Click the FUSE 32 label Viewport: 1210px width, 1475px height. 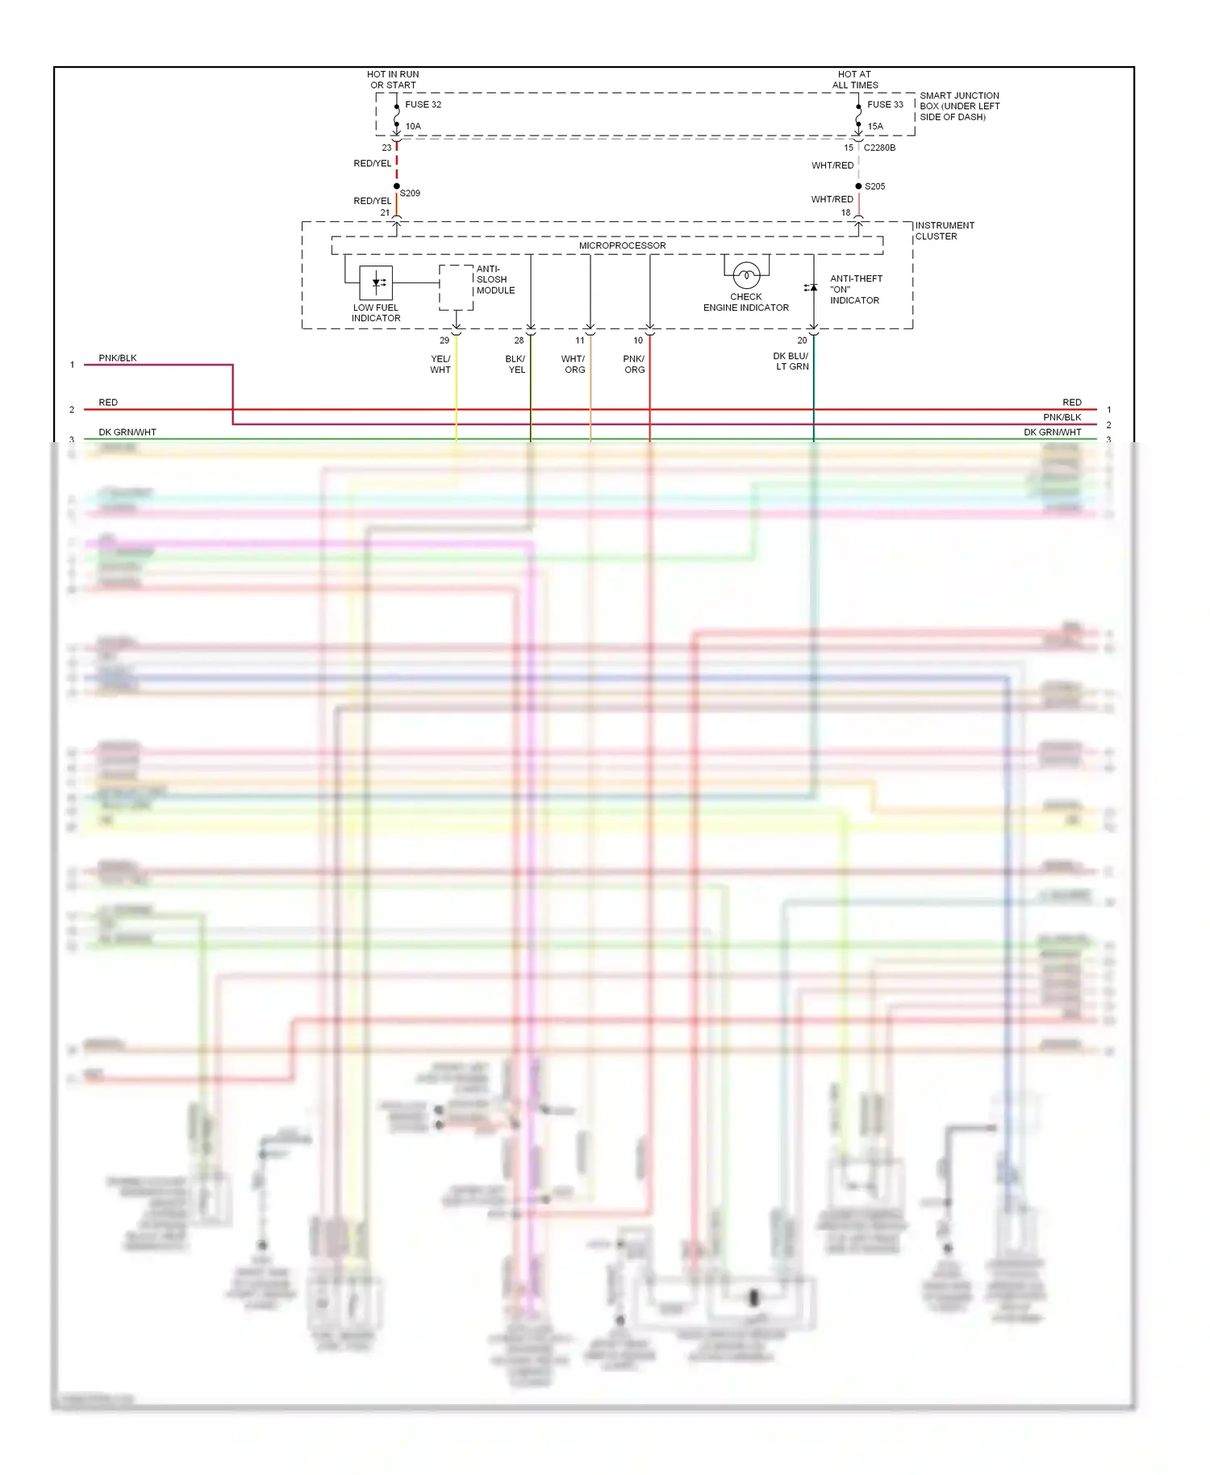pos(423,105)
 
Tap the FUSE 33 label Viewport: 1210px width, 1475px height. pos(885,105)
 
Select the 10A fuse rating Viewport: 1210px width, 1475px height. pos(413,127)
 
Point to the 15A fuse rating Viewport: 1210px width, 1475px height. pos(875,127)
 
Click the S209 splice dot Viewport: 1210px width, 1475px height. pos(397,186)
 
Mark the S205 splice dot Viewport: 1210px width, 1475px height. pos(858,186)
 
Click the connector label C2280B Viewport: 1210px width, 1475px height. pos(879,148)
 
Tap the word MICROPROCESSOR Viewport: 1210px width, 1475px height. pos(622,246)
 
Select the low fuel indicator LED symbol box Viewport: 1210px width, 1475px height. pos(376,282)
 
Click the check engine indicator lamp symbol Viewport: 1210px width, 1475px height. pos(746,276)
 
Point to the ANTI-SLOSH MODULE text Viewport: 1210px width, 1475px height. pos(494,280)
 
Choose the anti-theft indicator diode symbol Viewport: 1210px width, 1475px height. pos(812,288)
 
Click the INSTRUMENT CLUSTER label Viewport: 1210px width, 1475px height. pos(944,231)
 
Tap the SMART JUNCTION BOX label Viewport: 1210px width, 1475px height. pos(959,107)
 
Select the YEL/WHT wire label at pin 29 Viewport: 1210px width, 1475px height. pos(440,365)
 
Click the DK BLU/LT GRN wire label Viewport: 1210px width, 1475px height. pos(791,361)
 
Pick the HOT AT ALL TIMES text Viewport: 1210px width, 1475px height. pos(855,80)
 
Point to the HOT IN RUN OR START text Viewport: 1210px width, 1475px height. pos(393,80)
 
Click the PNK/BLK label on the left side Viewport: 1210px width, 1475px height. pos(118,358)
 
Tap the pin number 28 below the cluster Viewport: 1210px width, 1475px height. pos(519,341)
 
